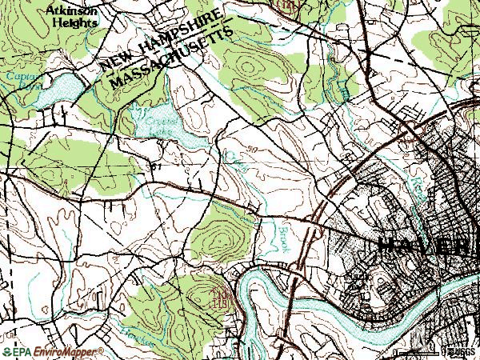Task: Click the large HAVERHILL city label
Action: tap(423, 246)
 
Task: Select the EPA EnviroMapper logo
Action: tap(53, 351)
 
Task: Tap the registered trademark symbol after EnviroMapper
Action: tap(102, 350)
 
